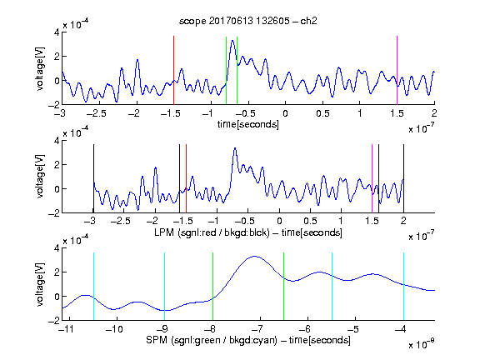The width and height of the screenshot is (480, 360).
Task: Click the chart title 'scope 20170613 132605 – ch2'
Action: (248, 21)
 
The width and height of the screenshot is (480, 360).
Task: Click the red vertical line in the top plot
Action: (173, 70)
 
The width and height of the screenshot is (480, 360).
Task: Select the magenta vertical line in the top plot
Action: (397, 70)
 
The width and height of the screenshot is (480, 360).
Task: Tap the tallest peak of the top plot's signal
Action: (233, 40)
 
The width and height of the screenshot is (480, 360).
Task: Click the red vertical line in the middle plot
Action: (186, 178)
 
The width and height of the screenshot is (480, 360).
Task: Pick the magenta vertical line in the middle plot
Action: (372, 178)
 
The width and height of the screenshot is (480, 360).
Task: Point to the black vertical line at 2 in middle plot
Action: (403, 178)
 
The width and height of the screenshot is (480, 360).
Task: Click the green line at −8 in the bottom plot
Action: (212, 286)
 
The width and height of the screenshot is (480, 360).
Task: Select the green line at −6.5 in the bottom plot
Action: (284, 286)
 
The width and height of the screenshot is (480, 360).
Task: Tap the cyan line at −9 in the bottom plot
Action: (164, 286)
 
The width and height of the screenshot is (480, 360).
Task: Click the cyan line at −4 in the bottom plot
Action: (403, 286)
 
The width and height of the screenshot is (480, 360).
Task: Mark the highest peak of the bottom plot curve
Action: (254, 257)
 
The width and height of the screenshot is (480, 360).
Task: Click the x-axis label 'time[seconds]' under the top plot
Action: (248, 124)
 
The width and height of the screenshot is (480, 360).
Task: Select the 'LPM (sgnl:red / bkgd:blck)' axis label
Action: (212, 232)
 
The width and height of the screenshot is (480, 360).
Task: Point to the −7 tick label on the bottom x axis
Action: (257, 329)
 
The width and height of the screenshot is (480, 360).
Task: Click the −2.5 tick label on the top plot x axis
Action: (96, 113)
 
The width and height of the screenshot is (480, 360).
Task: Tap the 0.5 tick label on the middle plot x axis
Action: (310, 221)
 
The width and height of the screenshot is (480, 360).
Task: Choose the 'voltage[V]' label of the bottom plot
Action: (40, 284)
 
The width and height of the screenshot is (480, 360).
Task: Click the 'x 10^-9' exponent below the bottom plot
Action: (421, 343)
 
